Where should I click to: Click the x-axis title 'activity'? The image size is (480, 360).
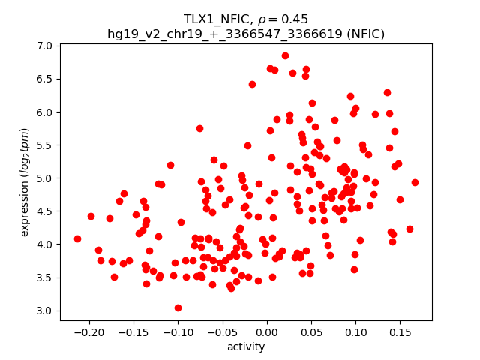click(x=246, y=346)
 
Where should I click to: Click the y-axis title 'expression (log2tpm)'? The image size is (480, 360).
click(x=25, y=183)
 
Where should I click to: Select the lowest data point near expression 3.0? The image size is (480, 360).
click(x=178, y=307)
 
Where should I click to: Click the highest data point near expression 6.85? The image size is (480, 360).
click(x=285, y=55)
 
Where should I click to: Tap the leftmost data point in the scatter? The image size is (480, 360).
click(x=77, y=238)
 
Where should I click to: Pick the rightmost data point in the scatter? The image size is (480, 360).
click(x=415, y=182)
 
